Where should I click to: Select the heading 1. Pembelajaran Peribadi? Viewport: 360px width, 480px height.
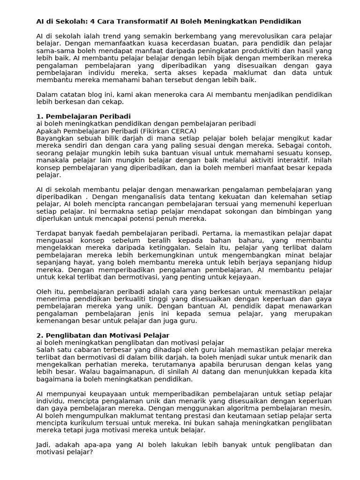[83, 116]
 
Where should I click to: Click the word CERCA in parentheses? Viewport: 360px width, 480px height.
[181, 131]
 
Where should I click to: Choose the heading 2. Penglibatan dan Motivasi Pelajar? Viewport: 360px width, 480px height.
[103, 335]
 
